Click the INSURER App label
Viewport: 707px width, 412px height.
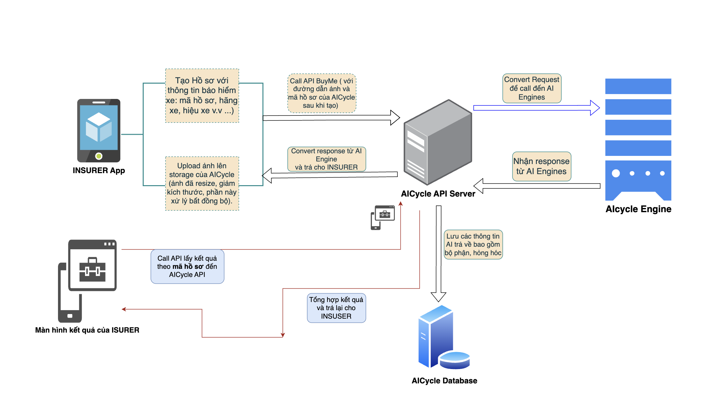click(x=99, y=171)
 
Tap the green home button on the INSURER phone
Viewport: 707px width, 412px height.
click(x=99, y=156)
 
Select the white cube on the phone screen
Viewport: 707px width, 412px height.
click(x=99, y=127)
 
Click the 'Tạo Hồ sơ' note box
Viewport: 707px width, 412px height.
click(x=202, y=96)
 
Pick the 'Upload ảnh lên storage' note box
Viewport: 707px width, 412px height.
click(x=202, y=184)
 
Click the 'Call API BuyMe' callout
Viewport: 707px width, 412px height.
click(x=322, y=93)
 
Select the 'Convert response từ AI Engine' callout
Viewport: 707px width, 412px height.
click(x=326, y=159)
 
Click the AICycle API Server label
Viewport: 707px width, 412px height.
click(x=438, y=194)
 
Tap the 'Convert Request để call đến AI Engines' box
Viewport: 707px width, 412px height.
click(x=532, y=88)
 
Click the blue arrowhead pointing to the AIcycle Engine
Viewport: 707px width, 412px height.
click(x=595, y=108)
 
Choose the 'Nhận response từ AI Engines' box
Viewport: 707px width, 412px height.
click(x=541, y=166)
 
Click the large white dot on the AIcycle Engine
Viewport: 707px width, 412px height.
click(x=616, y=173)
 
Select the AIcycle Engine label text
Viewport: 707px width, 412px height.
click(x=638, y=209)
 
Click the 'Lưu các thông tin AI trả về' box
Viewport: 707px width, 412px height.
click(x=473, y=244)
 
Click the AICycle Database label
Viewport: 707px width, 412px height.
click(x=444, y=381)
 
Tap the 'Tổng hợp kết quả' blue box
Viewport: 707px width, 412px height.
click(x=336, y=308)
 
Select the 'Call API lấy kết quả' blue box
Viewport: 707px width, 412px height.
click(x=187, y=267)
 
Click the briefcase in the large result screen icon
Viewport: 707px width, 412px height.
click(x=92, y=270)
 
